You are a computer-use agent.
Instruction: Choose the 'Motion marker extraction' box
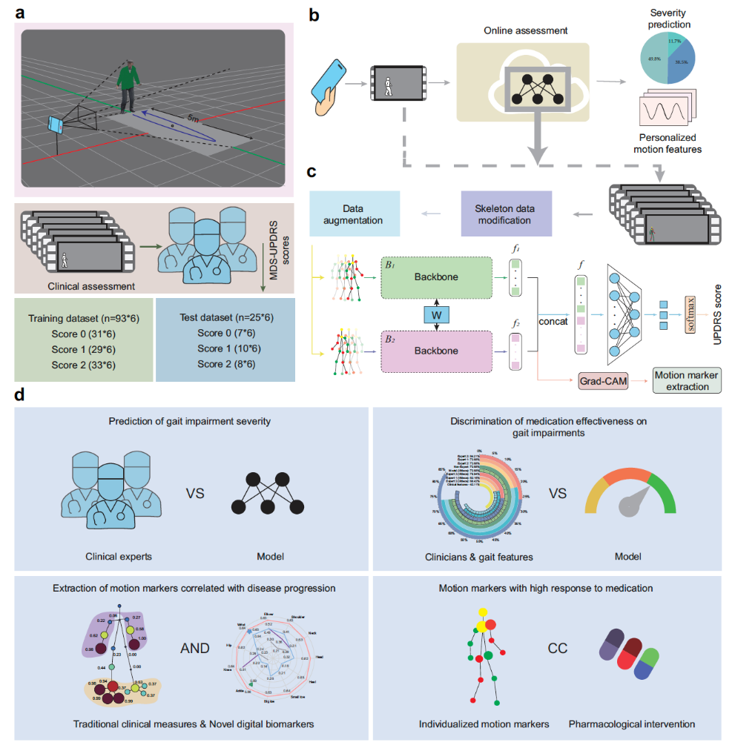(686, 381)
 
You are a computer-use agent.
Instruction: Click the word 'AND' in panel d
(194, 649)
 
